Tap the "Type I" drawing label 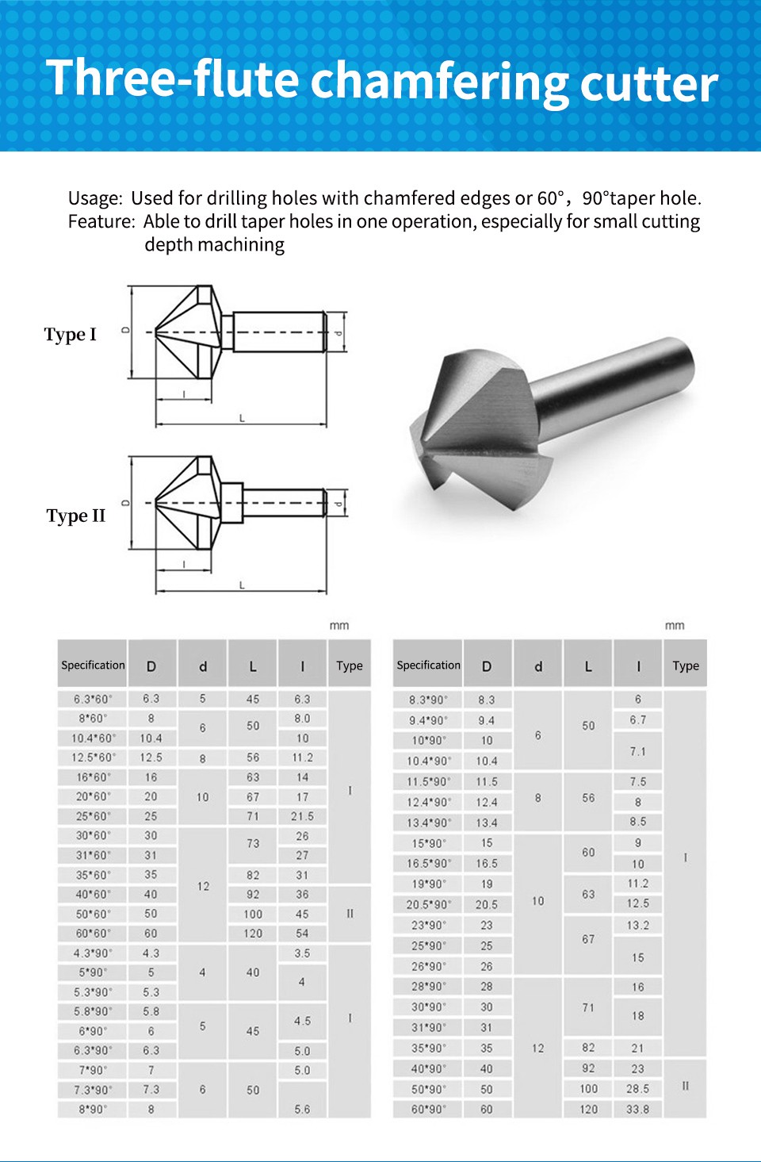tap(71, 335)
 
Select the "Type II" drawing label tap(75, 516)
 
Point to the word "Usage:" tap(95, 198)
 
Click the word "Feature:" tap(101, 221)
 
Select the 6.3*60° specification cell tap(93, 700)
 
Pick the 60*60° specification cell tap(93, 934)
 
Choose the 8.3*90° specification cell tap(428, 700)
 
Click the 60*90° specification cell tap(428, 1110)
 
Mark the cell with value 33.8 tap(637, 1110)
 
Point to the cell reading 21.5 tap(302, 816)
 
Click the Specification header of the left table tap(93, 665)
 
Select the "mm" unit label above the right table tap(675, 626)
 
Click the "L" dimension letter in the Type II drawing tap(242, 585)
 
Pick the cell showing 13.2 tap(637, 925)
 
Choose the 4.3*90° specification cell tap(93, 953)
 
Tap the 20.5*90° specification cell tap(428, 905)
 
